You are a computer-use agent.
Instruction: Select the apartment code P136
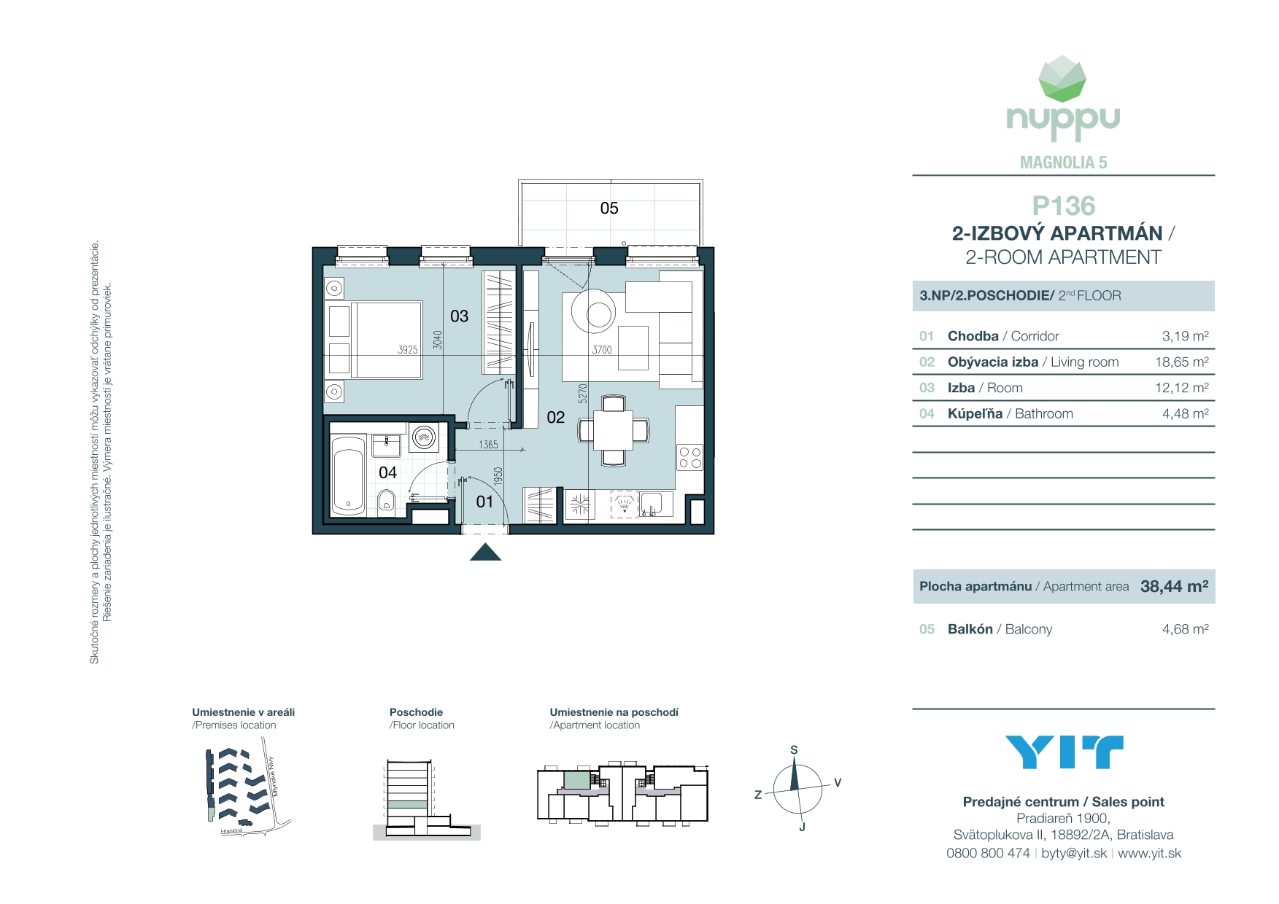[1063, 206]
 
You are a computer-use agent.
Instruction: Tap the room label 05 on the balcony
[609, 209]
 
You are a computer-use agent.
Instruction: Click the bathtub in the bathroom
[348, 475]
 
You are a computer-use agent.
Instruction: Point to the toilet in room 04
[387, 501]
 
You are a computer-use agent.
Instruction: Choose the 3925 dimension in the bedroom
[407, 350]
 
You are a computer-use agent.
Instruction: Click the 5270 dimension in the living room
[582, 394]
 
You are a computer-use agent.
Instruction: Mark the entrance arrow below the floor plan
[485, 553]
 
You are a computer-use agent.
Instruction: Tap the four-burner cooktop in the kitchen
[689, 458]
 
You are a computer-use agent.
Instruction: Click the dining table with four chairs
[614, 430]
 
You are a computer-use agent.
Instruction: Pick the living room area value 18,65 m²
[1181, 362]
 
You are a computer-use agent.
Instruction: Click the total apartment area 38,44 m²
[1174, 587]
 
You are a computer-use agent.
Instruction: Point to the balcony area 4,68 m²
[1185, 629]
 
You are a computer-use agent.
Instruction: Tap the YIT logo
[1063, 752]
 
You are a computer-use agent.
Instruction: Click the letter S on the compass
[794, 749]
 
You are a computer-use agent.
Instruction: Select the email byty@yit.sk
[1074, 853]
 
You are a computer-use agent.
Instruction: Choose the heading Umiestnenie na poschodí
[614, 712]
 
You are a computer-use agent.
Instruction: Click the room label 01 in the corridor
[484, 502]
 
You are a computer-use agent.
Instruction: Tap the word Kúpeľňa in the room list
[975, 414]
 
